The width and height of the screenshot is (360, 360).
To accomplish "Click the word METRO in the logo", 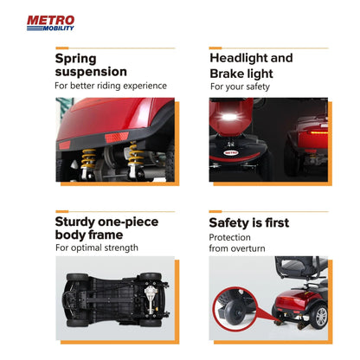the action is tap(51, 21).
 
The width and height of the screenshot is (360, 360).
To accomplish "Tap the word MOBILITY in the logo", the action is tap(59, 29).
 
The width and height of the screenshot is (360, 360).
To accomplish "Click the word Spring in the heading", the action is tap(75, 59).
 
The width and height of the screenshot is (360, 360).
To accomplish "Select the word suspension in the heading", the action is tap(91, 72).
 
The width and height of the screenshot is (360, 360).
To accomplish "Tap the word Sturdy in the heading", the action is tap(74, 222).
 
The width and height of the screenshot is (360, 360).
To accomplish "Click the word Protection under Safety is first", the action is tap(229, 237).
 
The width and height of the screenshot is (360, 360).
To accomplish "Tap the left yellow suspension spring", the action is tap(88, 158).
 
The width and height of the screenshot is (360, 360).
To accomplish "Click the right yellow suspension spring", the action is tap(135, 153).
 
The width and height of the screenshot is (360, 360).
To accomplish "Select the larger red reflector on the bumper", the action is tap(117, 138).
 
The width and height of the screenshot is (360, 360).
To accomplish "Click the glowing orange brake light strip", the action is tap(317, 132).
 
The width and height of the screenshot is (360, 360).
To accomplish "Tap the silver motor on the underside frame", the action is tap(151, 299).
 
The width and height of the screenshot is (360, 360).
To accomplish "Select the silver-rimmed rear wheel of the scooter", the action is tap(320, 316).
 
